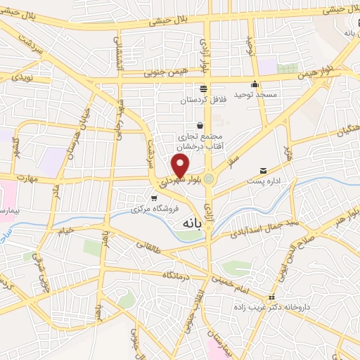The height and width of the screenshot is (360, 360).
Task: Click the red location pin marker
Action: [181, 166]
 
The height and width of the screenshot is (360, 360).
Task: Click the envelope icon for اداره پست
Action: [264, 170]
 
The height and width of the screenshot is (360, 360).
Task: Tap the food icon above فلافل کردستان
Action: [203, 89]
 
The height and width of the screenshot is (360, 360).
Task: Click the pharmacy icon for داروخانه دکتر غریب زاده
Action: [272, 297]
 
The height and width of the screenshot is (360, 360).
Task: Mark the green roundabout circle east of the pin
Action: [209, 179]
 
